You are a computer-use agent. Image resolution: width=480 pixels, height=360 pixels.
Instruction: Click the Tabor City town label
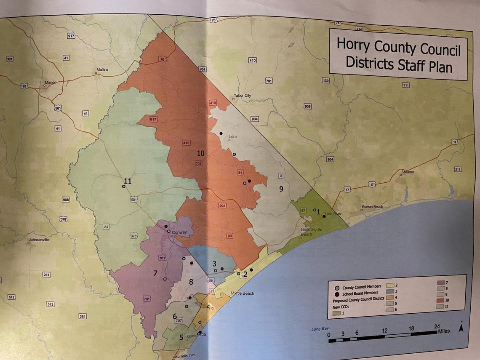coord(242,96)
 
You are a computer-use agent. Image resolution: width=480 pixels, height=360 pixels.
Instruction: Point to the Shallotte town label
coord(408,172)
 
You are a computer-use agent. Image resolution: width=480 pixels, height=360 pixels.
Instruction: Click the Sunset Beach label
coord(372,207)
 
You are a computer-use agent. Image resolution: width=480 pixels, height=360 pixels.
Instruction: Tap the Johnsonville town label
coord(39,240)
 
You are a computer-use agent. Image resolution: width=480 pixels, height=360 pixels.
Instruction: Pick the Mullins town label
coord(102,69)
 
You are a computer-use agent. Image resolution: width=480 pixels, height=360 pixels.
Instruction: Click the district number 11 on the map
coord(128,181)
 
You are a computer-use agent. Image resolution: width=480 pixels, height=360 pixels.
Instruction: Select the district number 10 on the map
coord(200,153)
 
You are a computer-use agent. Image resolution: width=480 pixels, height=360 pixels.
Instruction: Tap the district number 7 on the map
coord(155,273)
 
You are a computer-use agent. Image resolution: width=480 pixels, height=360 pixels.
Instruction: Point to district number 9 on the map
coord(281,189)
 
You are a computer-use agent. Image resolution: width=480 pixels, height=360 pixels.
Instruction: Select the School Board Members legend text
coord(360,293)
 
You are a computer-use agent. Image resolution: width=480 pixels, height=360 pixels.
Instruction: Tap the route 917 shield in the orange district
coord(153,120)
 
